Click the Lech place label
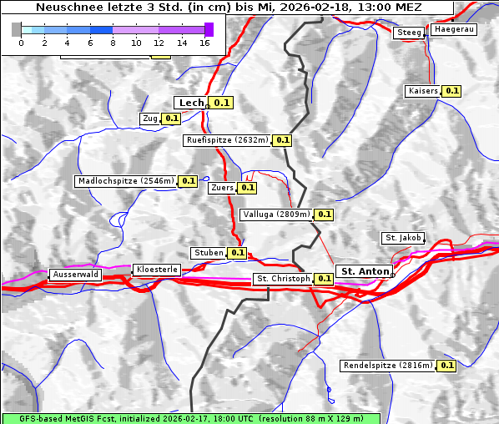[x=191, y=103]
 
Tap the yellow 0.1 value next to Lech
[x=221, y=103]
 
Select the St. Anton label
[x=365, y=271]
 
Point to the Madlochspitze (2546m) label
[x=126, y=180]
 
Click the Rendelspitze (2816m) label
[x=389, y=366]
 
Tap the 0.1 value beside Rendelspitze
[x=446, y=366]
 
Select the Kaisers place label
[x=422, y=90]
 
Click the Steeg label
[x=409, y=33]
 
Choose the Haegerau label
[x=454, y=29]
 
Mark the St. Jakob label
[x=403, y=238]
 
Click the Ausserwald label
[x=75, y=274]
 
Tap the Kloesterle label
[x=156, y=270]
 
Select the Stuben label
[x=209, y=253]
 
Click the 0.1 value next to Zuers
[x=248, y=188]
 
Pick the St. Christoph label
[x=283, y=279]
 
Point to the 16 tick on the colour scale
[x=204, y=42]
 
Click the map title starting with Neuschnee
[x=229, y=8]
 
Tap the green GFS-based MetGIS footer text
[x=190, y=418]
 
